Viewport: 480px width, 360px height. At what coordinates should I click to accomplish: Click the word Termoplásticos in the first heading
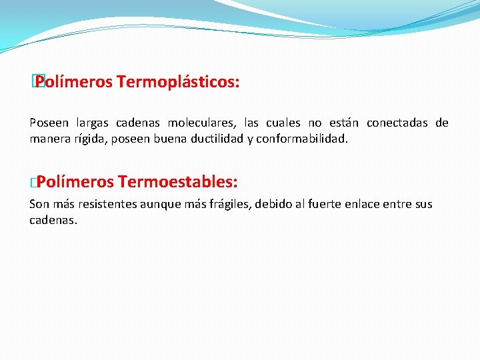[x=178, y=83]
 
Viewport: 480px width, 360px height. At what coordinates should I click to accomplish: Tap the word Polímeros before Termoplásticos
[x=74, y=83]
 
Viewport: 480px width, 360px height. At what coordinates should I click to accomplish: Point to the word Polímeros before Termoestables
[x=75, y=182]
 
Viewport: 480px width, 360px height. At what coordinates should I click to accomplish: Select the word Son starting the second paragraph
[x=39, y=204]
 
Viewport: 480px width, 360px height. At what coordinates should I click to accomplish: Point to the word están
[x=344, y=123]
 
